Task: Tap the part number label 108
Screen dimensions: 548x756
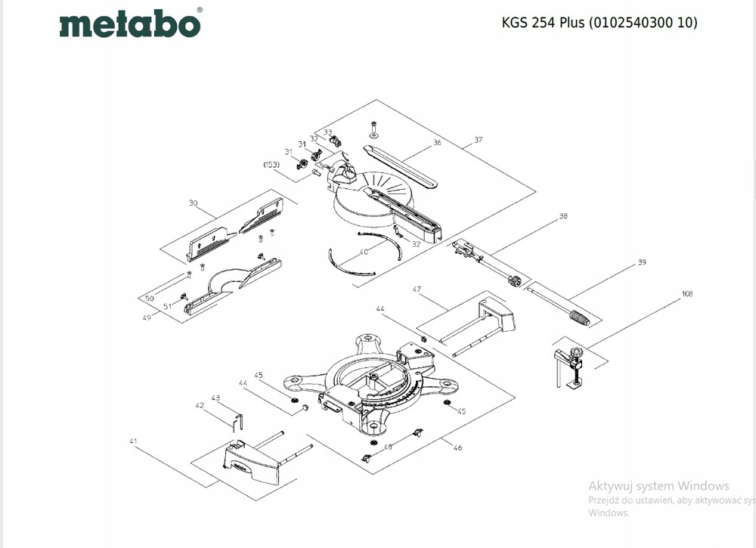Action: coord(686,294)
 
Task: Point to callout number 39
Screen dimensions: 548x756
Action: coord(642,262)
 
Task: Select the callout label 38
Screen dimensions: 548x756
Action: coord(562,216)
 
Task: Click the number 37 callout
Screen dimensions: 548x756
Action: coord(478,140)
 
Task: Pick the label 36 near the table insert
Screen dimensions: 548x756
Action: coord(437,142)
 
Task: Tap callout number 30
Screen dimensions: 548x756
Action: coord(193,203)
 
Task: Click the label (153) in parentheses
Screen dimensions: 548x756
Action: coord(271,164)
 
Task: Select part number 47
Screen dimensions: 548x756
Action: coord(416,289)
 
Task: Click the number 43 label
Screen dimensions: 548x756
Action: coord(215,398)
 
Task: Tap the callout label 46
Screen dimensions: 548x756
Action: coord(457,447)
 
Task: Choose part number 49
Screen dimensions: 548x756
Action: coord(147,317)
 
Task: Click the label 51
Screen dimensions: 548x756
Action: coord(168,305)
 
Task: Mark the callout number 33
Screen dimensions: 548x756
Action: coord(328,132)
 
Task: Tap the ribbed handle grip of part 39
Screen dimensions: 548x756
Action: coord(580,317)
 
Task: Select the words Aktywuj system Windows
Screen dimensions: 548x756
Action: coord(658,485)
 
